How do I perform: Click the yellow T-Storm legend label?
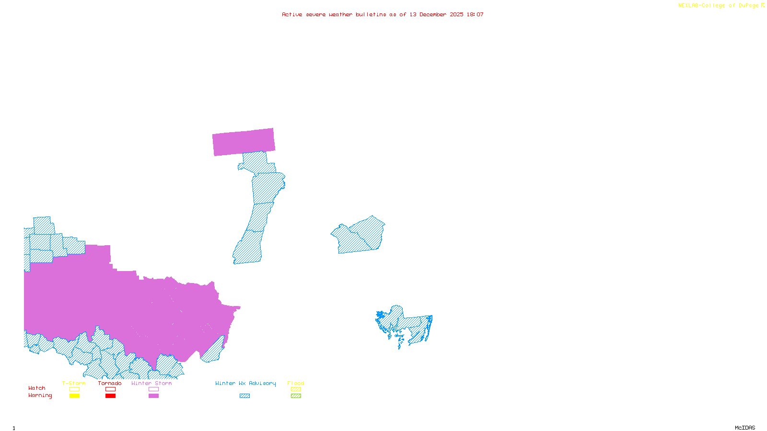coord(74,383)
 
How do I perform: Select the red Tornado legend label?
coord(110,383)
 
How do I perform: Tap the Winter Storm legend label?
coord(151,383)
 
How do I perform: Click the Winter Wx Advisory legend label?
coord(245,383)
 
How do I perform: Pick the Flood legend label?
coord(296,383)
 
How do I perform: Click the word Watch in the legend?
coord(37,388)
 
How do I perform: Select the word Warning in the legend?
coord(40,396)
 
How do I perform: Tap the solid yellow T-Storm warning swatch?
coord(74,396)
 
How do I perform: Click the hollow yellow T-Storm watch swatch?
coord(74,389)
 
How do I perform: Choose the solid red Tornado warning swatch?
coord(110,396)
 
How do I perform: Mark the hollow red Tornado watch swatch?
coord(110,389)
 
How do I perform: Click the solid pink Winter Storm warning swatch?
coord(153,396)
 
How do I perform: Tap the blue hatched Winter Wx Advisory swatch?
coord(244,396)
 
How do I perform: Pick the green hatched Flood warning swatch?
coord(296,396)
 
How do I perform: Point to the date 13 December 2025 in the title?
coord(436,14)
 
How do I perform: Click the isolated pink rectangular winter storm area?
coord(244,142)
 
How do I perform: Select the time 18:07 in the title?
coord(475,14)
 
